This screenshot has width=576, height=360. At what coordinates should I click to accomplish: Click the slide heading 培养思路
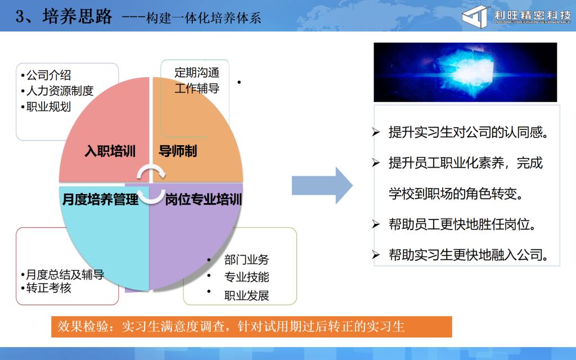[x=76, y=16]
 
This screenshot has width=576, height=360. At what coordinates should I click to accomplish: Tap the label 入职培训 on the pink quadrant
[x=110, y=151]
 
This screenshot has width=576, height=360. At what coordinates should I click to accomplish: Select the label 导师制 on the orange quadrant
[x=178, y=151]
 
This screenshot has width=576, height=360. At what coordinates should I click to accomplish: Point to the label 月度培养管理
[x=100, y=200]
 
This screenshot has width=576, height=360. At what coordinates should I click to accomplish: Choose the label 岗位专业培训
[x=203, y=200]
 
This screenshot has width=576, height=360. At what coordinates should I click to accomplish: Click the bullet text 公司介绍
[x=48, y=75]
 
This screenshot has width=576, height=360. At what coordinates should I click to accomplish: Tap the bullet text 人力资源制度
[x=60, y=91]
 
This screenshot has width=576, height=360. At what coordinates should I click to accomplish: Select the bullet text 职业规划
[x=48, y=107]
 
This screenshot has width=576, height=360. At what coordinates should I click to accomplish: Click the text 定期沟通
[x=197, y=73]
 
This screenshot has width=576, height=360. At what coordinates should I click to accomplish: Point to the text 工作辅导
[x=197, y=88]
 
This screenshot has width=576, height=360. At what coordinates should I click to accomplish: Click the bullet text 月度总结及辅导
[x=65, y=274]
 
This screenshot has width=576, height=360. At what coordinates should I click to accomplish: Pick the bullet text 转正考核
[x=48, y=287]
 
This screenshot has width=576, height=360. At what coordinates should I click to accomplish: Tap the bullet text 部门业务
[x=246, y=260]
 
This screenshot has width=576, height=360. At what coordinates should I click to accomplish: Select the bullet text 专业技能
[x=246, y=277]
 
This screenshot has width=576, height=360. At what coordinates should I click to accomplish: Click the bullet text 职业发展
[x=246, y=295]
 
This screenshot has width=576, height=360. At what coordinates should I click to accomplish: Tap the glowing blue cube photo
[x=465, y=72]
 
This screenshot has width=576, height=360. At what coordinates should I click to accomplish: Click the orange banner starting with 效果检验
[x=251, y=327]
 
